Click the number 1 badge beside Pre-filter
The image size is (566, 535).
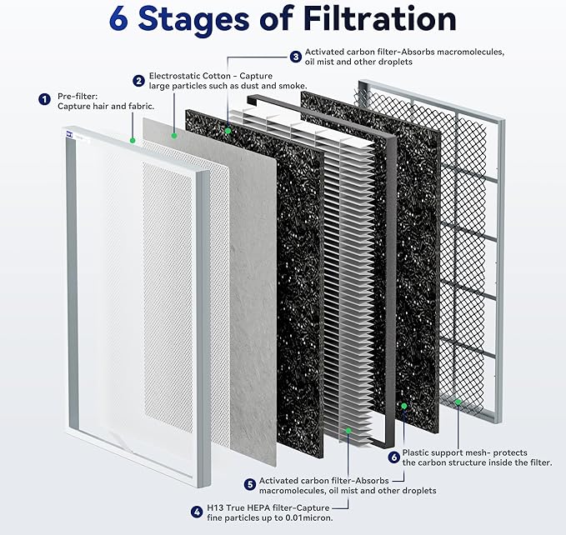click(x=44, y=99)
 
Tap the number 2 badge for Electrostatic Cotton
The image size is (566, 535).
click(x=138, y=80)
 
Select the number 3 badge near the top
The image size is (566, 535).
click(x=295, y=57)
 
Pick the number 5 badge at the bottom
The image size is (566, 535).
click(x=249, y=483)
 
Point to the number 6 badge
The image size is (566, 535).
click(x=393, y=457)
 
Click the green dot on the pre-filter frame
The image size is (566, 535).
click(x=133, y=140)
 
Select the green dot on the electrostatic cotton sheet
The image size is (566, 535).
click(x=173, y=133)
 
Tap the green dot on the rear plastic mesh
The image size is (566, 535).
click(x=458, y=401)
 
